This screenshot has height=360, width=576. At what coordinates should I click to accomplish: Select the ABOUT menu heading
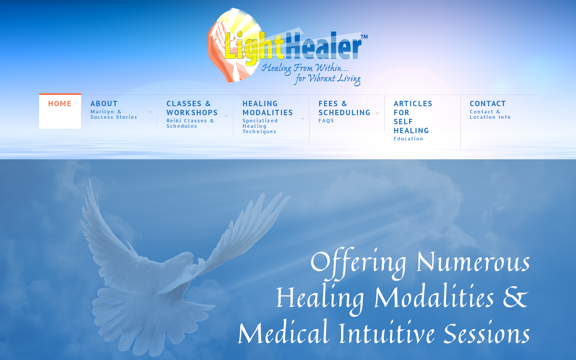tap(104, 103)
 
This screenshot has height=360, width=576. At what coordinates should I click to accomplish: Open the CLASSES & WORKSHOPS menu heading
tap(192, 108)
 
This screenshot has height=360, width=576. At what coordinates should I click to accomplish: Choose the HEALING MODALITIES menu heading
tap(267, 108)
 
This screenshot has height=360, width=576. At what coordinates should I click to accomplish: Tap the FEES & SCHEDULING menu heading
tap(344, 108)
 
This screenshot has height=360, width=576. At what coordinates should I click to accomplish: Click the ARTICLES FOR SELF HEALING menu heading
tap(413, 117)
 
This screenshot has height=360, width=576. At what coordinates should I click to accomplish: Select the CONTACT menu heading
tap(487, 103)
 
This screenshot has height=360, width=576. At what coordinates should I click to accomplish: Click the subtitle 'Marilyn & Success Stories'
tap(114, 114)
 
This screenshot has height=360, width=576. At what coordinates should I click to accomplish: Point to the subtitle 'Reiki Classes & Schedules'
tap(190, 123)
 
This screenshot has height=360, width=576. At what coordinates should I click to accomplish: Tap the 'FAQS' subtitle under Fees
tap(326, 121)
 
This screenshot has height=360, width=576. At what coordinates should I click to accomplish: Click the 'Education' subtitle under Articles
tap(408, 139)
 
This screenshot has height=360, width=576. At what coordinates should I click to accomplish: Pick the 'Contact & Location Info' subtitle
tap(490, 114)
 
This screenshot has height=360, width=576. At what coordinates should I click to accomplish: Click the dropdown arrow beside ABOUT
tap(150, 112)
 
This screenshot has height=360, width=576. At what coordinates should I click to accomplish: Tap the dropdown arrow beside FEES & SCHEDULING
tap(378, 113)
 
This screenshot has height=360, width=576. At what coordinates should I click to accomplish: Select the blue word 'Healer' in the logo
tap(323, 46)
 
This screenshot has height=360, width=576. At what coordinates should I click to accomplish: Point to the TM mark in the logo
tap(364, 37)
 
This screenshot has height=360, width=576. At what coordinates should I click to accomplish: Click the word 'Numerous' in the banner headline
tap(473, 262)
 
